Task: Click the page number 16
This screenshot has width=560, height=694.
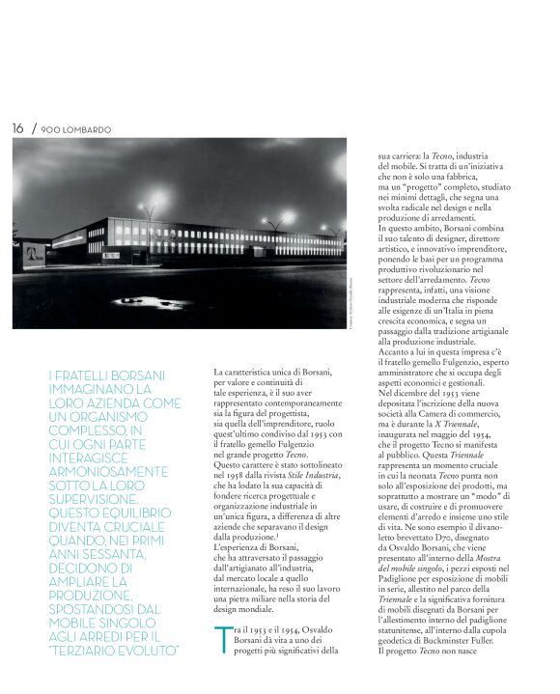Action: (x=17, y=127)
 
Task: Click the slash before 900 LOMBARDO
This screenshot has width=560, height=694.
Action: (x=34, y=127)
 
